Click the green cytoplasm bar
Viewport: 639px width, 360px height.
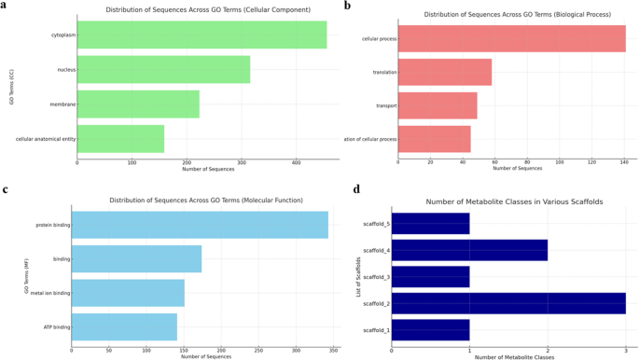pyautogui.click(x=201, y=35)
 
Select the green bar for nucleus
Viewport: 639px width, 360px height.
pyautogui.click(x=163, y=70)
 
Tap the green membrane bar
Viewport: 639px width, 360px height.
pyautogui.click(x=138, y=104)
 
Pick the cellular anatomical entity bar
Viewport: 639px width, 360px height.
pyautogui.click(x=120, y=139)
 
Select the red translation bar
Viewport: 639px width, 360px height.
pyautogui.click(x=445, y=72)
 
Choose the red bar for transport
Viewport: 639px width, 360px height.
pyautogui.click(x=438, y=105)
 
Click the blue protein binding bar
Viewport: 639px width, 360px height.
pyautogui.click(x=200, y=225)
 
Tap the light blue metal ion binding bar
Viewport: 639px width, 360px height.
pyautogui.click(x=128, y=293)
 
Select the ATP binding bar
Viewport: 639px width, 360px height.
pyautogui.click(x=124, y=327)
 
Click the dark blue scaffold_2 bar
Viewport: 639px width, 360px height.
pyautogui.click(x=508, y=304)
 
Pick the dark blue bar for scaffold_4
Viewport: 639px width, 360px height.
pyautogui.click(x=469, y=250)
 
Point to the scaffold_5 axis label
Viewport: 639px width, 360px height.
pyautogui.click(x=376, y=224)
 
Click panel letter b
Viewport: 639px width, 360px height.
pyautogui.click(x=347, y=7)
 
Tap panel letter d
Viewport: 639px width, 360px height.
pyautogui.click(x=357, y=189)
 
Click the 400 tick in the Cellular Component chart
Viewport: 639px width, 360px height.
pyautogui.click(x=297, y=162)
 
